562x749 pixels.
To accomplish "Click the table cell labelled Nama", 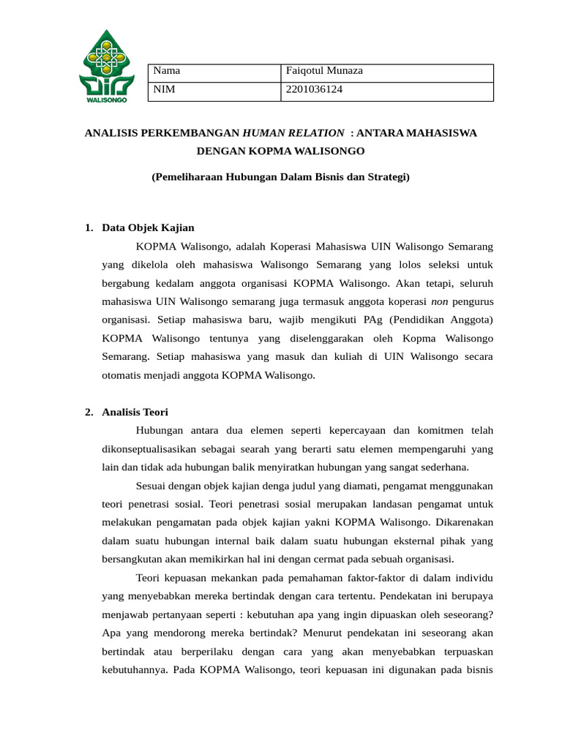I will (168, 71).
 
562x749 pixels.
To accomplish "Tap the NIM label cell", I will (165, 89).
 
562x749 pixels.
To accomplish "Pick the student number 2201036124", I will (315, 89).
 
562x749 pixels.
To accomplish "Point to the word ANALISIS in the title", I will (117, 133).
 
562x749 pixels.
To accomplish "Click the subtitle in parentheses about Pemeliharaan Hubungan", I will (280, 177).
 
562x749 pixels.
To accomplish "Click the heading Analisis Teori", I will (135, 412).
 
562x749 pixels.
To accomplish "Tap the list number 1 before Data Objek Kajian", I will (88, 227).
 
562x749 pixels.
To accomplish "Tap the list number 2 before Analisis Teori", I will (88, 412).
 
